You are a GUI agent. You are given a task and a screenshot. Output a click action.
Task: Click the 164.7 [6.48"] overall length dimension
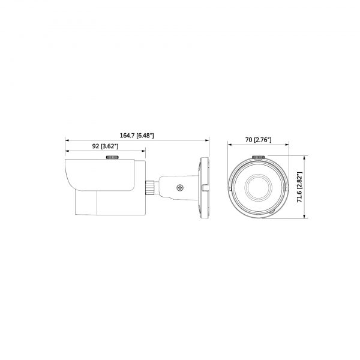[x=137, y=136]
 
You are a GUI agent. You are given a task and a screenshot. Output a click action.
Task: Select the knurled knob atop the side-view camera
[x=113, y=158]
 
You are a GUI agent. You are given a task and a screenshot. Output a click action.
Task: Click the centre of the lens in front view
[x=257, y=188]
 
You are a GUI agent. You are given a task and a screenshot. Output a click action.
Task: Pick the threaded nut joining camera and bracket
[x=149, y=187]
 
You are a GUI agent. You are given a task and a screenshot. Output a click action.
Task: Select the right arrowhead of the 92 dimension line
[x=142, y=151]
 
